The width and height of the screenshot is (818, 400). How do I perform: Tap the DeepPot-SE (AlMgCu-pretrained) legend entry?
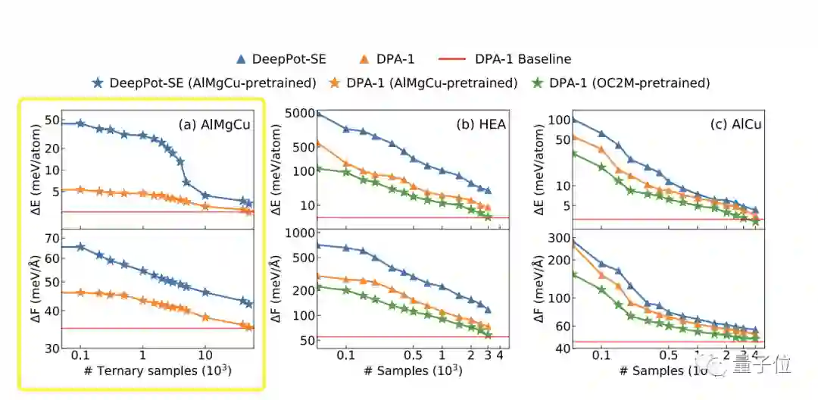[x=204, y=83]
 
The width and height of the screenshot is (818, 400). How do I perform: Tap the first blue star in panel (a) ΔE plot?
[x=81, y=123]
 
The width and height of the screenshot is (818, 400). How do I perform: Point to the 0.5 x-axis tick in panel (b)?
[x=414, y=355]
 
